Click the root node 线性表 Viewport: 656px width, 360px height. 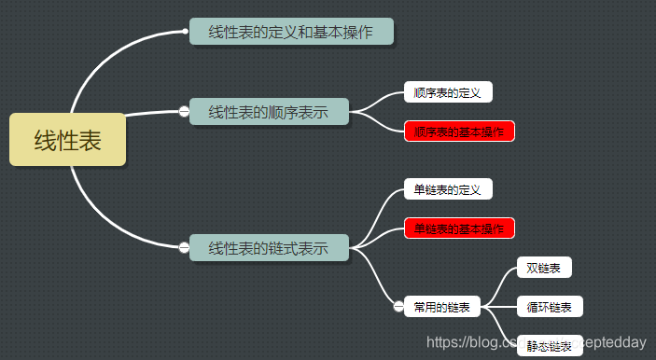67,140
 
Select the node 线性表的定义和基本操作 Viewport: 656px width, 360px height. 291,32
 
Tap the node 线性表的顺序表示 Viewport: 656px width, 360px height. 269,112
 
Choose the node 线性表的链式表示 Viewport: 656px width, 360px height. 269,248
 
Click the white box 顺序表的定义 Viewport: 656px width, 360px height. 448,92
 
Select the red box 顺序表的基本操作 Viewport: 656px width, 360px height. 459,132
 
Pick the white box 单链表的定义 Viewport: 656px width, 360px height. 448,189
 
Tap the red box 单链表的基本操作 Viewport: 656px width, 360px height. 459,228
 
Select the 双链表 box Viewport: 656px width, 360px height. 544,269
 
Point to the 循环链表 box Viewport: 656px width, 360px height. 550,307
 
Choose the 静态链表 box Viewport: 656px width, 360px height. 549,345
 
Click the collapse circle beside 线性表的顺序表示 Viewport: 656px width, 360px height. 184,112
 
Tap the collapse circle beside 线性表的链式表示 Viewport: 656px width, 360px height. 184,248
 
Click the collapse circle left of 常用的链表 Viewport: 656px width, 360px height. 398,307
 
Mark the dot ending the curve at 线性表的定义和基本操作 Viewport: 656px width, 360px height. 185,32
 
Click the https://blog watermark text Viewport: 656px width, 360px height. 467,343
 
